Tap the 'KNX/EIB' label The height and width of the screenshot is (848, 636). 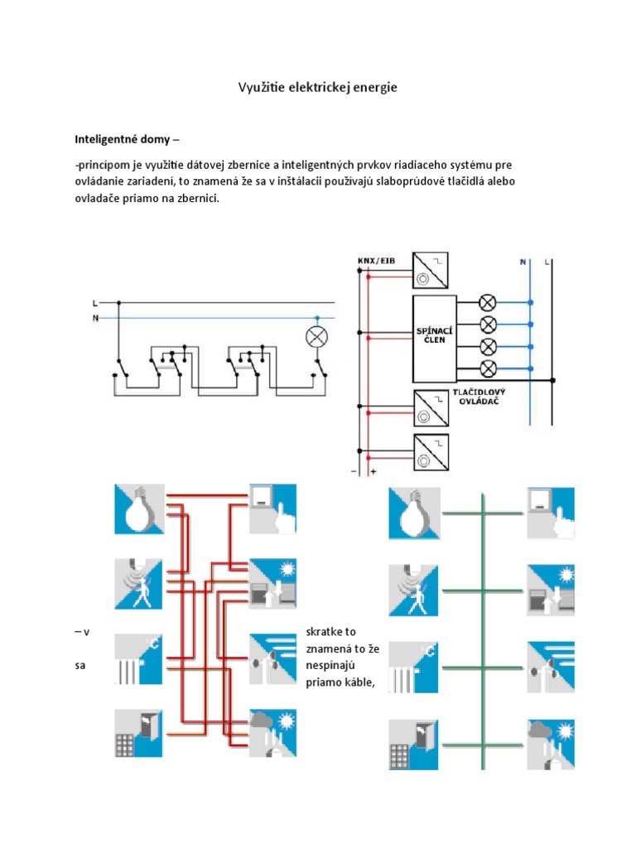click(x=376, y=261)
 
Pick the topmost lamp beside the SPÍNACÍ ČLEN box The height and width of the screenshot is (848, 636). click(x=489, y=303)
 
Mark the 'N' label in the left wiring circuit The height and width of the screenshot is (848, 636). click(x=95, y=317)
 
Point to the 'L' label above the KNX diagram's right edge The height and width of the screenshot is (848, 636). click(x=547, y=261)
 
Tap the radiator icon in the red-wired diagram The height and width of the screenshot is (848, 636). click(x=139, y=659)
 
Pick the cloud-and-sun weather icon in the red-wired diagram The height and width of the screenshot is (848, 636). click(x=272, y=733)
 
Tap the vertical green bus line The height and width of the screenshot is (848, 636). click(x=482, y=629)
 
